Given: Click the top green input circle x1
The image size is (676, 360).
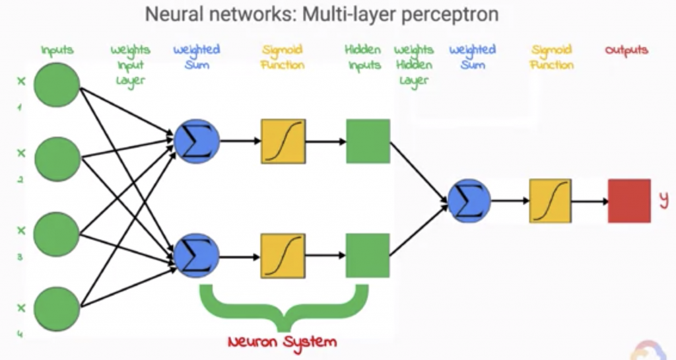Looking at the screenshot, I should pyautogui.click(x=57, y=85).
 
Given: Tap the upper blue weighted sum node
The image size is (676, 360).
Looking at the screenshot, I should pyautogui.click(x=197, y=141).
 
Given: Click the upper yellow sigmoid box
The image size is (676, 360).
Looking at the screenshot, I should pyautogui.click(x=283, y=141).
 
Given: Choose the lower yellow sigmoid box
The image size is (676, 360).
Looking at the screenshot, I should pyautogui.click(x=283, y=256).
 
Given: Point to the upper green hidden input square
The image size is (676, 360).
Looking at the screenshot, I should pyautogui.click(x=368, y=141).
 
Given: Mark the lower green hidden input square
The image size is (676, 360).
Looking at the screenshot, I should pyautogui.click(x=368, y=256).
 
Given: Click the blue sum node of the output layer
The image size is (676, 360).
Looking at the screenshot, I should pyautogui.click(x=469, y=200).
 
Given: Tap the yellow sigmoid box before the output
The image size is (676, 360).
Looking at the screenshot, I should pyautogui.click(x=550, y=200).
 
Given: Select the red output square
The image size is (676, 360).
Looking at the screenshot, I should pyautogui.click(x=629, y=200).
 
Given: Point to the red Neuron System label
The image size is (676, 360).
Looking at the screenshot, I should pyautogui.click(x=282, y=342).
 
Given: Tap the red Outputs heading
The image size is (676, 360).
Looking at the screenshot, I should pyautogui.click(x=626, y=50).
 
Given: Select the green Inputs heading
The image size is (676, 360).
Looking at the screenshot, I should pyautogui.click(x=57, y=50).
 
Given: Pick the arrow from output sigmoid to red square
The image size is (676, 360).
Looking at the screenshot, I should pyautogui.click(x=590, y=200).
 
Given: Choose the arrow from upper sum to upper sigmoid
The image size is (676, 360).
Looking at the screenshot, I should pyautogui.click(x=240, y=141).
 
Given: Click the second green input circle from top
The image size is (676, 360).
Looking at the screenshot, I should pyautogui.click(x=57, y=159).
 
